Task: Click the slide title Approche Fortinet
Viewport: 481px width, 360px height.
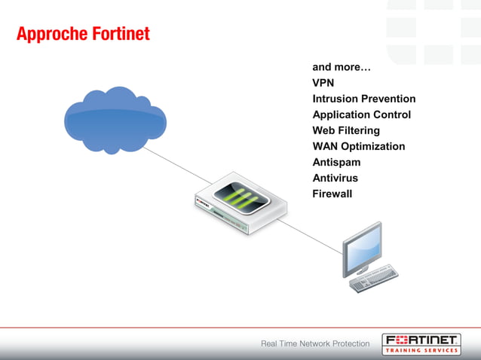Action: point(83,34)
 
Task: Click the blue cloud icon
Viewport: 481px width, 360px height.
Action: point(115,119)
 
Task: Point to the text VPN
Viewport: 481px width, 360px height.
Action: point(323,83)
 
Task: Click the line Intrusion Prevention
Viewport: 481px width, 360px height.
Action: point(363,99)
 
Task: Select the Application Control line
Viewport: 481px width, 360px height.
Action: point(361,114)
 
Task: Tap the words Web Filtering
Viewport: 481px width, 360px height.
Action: point(346,130)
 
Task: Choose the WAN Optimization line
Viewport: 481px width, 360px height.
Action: point(358,146)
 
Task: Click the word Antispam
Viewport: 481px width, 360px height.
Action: point(336,162)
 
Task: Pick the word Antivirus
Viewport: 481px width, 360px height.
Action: point(335,178)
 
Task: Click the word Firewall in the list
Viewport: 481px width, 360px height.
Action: point(332,194)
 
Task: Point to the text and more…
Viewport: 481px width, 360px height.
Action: point(342,67)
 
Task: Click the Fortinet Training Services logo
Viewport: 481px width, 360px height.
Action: point(421,343)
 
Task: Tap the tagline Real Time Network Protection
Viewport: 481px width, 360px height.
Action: point(315,343)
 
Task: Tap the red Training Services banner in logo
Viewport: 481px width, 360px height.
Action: point(421,350)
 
